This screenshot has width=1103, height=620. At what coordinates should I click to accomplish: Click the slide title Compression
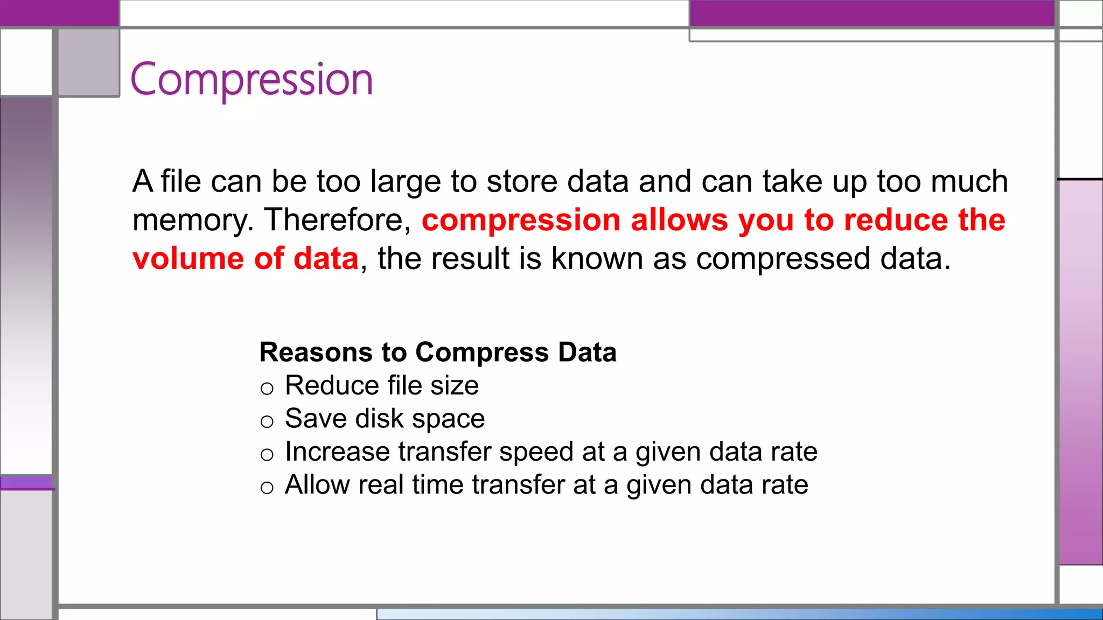252,80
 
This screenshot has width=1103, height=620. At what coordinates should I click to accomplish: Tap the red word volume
188,259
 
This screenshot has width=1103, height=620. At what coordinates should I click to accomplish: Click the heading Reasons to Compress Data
437,353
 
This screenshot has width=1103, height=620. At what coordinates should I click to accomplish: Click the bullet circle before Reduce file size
267,389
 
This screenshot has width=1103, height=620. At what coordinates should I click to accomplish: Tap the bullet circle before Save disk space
267,421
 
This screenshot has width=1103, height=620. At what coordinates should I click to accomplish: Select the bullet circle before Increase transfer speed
267,455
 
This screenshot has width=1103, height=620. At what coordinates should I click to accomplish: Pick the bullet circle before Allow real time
267,488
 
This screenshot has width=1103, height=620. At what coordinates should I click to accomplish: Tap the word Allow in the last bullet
317,484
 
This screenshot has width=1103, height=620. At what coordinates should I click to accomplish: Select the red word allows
679,220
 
